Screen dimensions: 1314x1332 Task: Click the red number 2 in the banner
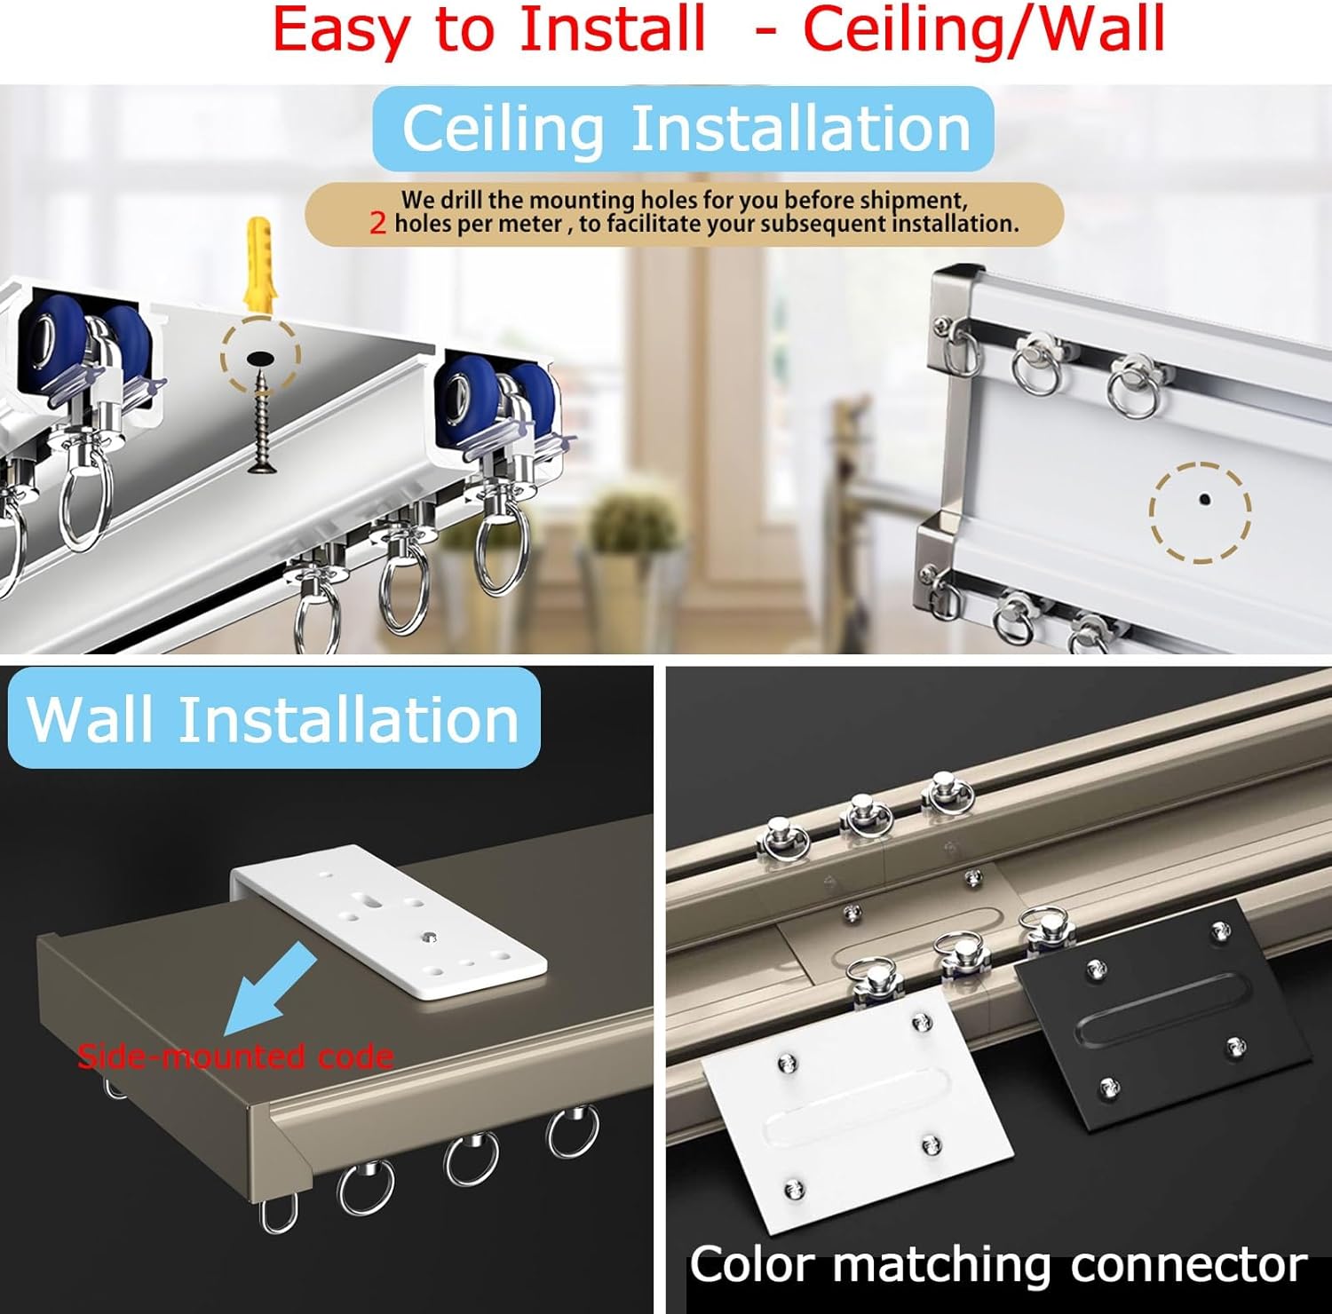click(378, 224)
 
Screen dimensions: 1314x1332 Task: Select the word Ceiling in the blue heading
click(503, 129)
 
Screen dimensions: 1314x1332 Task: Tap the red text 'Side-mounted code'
click(235, 1057)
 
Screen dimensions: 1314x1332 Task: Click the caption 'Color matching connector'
click(998, 1264)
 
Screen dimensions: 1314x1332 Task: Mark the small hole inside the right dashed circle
click(1203, 500)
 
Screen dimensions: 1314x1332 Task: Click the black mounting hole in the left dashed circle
click(260, 356)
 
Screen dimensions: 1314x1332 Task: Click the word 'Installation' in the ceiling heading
click(801, 129)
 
